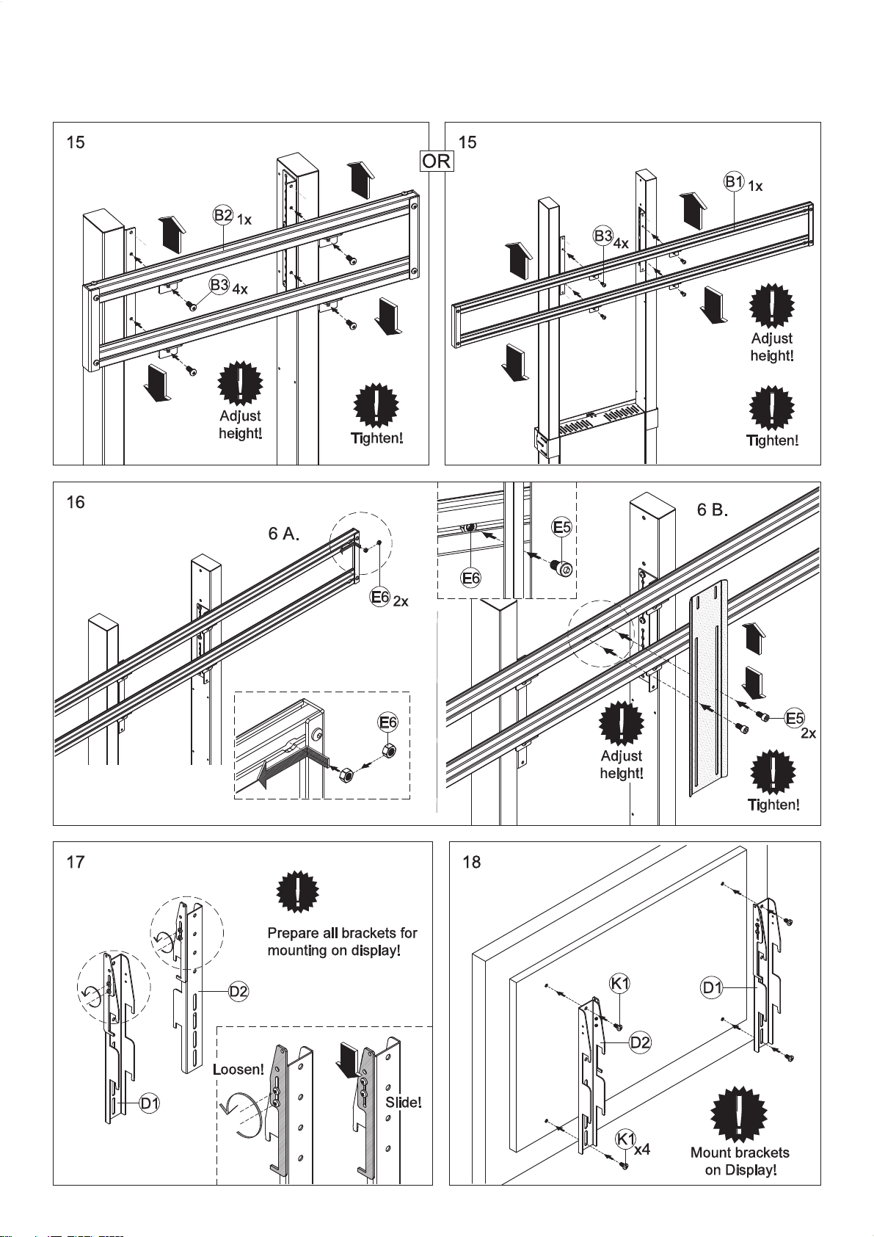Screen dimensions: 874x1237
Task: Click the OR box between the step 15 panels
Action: tap(436, 162)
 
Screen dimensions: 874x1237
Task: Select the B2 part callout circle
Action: tap(223, 215)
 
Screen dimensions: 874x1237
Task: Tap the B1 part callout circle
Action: tap(735, 181)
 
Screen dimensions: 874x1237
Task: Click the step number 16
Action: tap(76, 502)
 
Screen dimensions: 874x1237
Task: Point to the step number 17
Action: tap(76, 861)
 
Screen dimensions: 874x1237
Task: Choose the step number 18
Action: tap(472, 861)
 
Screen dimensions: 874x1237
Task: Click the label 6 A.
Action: tap(284, 534)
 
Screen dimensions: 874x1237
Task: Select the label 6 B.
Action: tap(713, 509)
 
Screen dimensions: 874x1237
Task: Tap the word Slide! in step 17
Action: tap(404, 1102)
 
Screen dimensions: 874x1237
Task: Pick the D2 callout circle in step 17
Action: tap(238, 992)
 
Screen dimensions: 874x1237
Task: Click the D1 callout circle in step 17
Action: tap(149, 1103)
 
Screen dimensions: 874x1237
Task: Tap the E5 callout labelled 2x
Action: tap(795, 718)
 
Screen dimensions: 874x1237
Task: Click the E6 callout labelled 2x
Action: tap(380, 597)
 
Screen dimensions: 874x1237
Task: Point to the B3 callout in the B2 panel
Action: tap(219, 285)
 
